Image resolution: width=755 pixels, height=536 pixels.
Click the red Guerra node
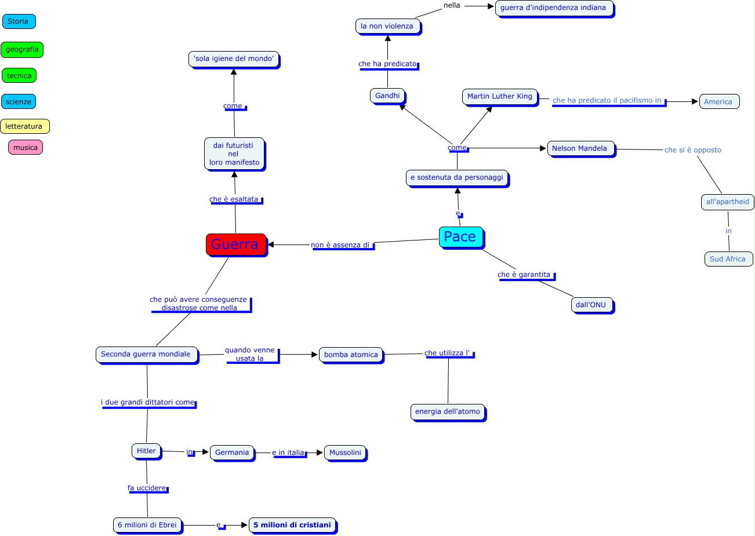pos(235,244)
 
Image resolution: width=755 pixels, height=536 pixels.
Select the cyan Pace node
pos(460,236)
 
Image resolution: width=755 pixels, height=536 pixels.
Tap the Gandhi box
pos(387,96)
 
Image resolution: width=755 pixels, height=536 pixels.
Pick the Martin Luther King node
pos(500,96)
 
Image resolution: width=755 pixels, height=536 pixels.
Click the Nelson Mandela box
pos(580,148)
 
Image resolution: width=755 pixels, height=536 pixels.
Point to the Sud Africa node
pos(728,259)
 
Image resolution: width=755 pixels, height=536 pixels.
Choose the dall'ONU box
pos(591,305)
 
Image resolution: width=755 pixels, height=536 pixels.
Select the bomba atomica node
pos(351,355)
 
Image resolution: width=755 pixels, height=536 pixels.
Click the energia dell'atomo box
pos(448,411)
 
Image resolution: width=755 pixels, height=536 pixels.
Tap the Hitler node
pos(146,451)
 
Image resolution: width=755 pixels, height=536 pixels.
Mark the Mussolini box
pos(345,453)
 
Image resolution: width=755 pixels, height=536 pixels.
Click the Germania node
pos(232,453)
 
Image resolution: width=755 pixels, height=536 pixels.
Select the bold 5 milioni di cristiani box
pos(292,525)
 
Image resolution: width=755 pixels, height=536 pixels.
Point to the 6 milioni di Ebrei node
pos(147,525)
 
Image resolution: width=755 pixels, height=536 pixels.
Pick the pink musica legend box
pos(26,147)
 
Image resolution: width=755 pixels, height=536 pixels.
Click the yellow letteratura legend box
pos(24,126)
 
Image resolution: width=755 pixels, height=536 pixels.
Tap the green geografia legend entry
pos(22,50)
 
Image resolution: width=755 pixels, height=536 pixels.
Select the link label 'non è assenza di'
pos(340,245)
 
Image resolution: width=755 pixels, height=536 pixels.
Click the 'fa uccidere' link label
pos(147,488)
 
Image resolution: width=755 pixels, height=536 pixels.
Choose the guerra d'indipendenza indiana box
pos(553,8)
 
